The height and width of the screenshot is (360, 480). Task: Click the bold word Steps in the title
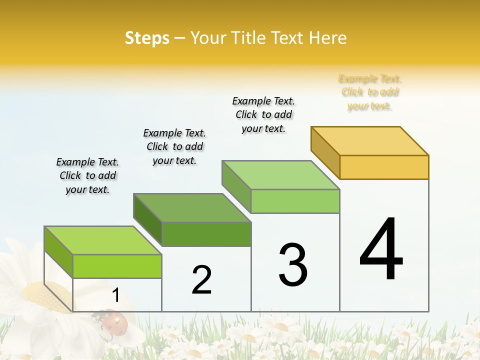(147, 38)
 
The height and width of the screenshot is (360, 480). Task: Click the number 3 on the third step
(293, 265)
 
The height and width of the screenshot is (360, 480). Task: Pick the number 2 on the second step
(201, 280)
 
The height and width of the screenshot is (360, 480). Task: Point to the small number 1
(115, 295)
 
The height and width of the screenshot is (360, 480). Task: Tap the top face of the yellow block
(370, 140)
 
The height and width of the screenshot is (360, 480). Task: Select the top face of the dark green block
(192, 207)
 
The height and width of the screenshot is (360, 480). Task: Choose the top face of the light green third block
(281, 174)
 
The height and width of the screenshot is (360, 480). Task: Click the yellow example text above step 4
(370, 92)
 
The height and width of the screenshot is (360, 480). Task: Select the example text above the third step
(263, 114)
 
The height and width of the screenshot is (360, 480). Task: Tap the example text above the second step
(174, 146)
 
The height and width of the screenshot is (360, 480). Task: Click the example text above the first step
(87, 175)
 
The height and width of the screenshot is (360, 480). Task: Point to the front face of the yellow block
(384, 167)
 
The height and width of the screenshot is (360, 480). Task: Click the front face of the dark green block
(206, 234)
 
